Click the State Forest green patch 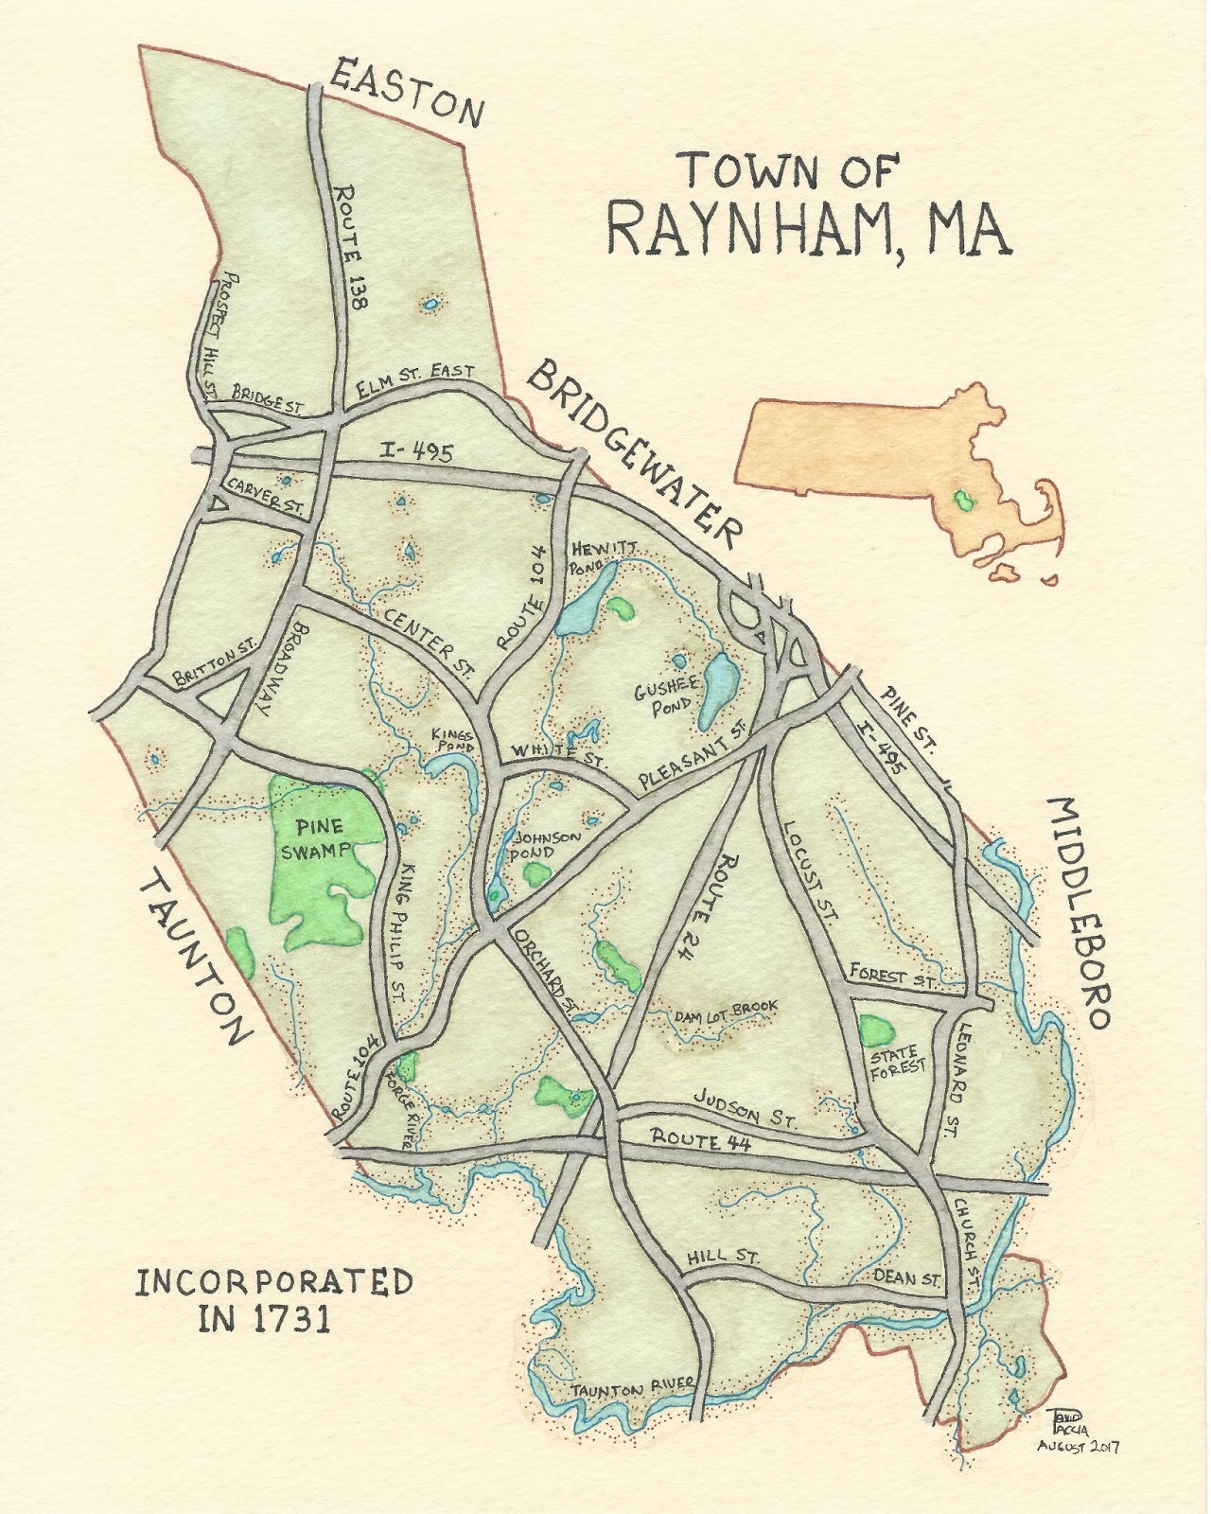[x=877, y=1030]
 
